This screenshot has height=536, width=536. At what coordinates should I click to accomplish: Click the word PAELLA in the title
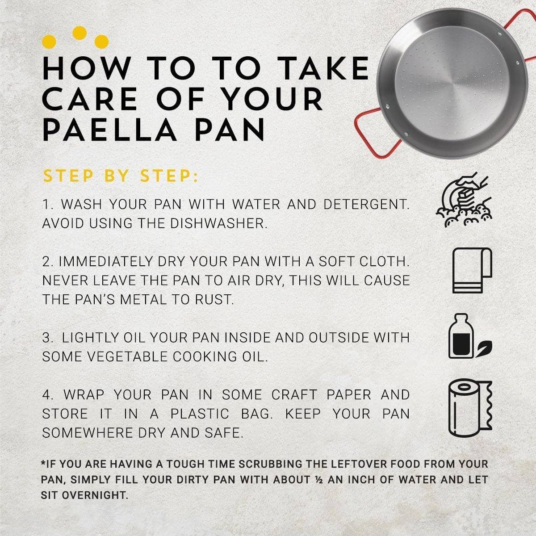(109, 130)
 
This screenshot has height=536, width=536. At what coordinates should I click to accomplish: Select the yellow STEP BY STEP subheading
(121, 176)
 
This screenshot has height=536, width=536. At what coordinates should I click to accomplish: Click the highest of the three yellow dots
(80, 33)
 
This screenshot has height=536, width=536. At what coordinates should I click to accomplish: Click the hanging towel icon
(472, 270)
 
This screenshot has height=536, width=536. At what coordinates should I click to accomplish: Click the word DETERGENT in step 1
(367, 205)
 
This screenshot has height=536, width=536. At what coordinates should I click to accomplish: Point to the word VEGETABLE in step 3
(128, 357)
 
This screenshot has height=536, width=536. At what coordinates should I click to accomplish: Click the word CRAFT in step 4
(294, 395)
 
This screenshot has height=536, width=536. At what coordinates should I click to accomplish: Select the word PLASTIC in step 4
(200, 414)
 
